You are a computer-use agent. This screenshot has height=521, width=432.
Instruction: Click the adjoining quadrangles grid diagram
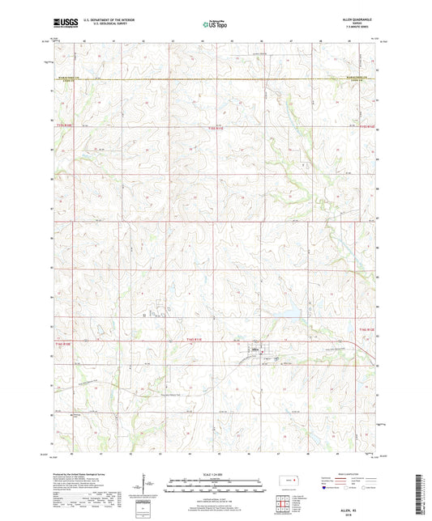coord(282,506)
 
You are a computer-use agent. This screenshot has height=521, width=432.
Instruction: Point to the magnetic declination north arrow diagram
coord(143,486)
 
